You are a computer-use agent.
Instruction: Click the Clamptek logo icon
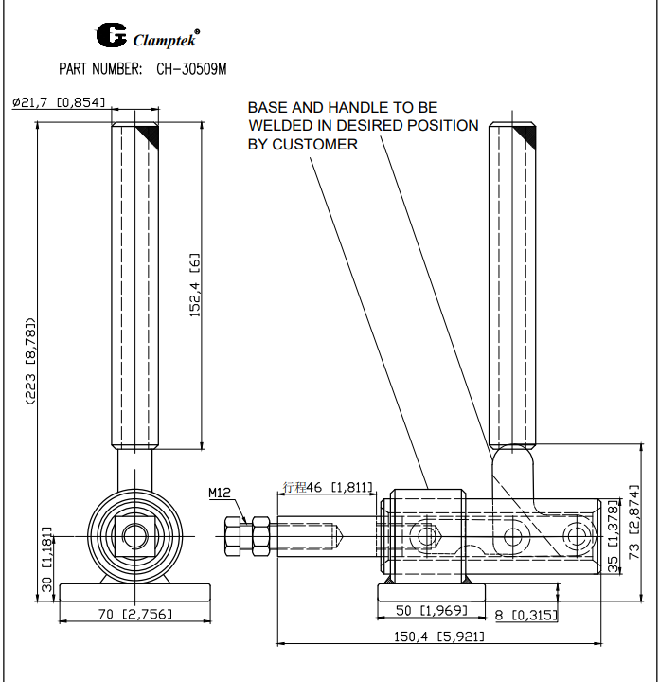click(x=111, y=36)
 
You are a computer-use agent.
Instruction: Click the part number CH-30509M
click(x=192, y=69)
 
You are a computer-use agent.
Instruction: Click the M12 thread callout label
click(x=220, y=492)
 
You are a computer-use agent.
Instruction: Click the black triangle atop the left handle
click(x=148, y=136)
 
